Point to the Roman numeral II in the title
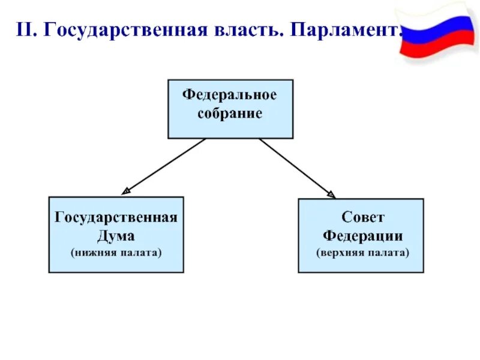(26, 31)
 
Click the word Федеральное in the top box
(230, 95)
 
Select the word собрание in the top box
(230, 113)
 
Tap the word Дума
(116, 235)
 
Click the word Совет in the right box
(361, 218)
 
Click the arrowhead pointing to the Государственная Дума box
(125, 191)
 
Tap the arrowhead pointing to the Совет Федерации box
(331, 193)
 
